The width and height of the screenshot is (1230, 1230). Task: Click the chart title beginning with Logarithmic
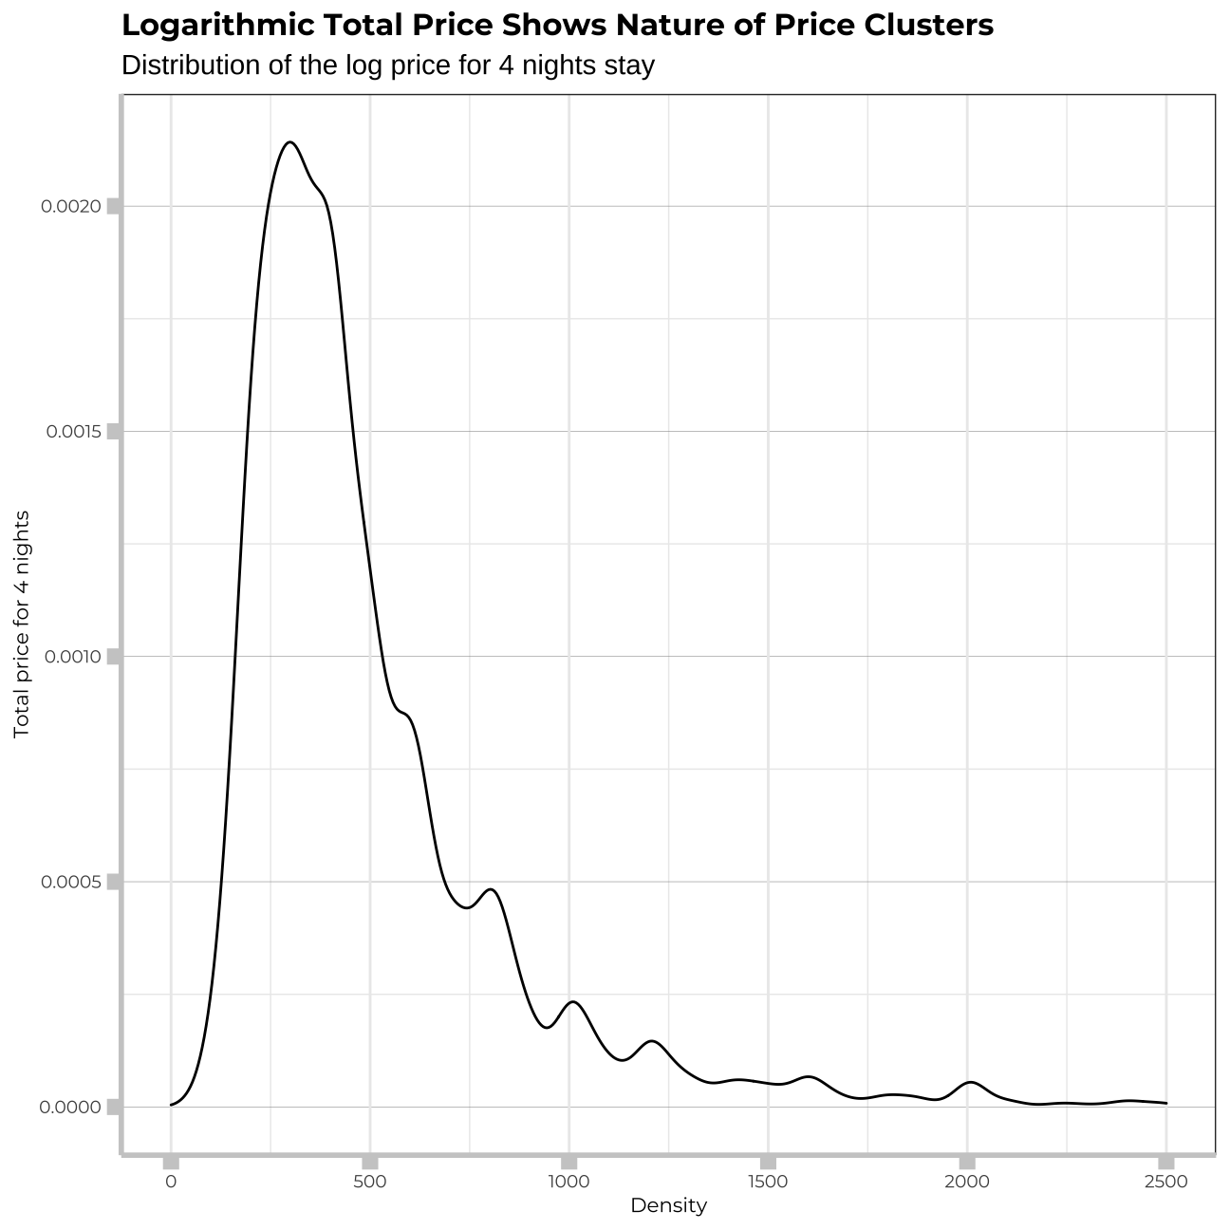[x=557, y=26]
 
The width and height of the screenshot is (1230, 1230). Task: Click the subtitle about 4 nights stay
[x=388, y=66]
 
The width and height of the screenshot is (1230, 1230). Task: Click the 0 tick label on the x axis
[x=171, y=1182]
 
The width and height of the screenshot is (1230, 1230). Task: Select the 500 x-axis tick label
[x=370, y=1182]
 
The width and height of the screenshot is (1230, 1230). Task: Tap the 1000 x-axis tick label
[x=569, y=1182]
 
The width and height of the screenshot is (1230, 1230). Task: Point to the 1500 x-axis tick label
[x=768, y=1182]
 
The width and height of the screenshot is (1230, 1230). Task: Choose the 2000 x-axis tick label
[x=967, y=1182]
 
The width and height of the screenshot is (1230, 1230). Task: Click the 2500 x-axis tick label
[x=1166, y=1182]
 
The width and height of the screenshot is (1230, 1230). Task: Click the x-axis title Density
[x=668, y=1206]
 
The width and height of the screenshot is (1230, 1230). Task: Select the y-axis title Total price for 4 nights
[x=22, y=624]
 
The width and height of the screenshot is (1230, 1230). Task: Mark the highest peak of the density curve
[x=289, y=142]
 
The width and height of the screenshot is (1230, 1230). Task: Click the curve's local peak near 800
[x=490, y=889]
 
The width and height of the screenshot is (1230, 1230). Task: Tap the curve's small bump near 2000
[x=970, y=1082]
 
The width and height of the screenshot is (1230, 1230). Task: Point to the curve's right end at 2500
[x=1165, y=1103]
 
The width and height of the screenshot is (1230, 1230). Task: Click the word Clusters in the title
[x=928, y=26]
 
